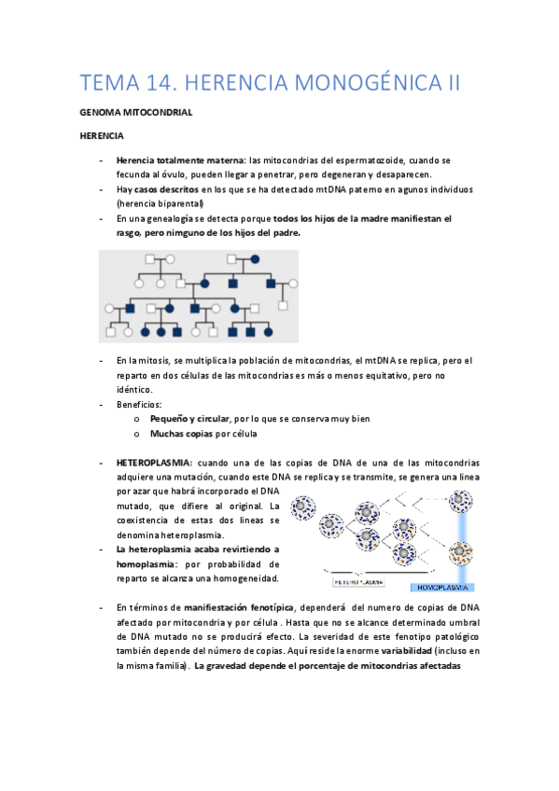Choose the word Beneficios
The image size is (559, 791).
(139, 405)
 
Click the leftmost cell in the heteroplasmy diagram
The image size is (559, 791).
(303, 509)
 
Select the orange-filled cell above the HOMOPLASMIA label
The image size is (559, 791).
(460, 555)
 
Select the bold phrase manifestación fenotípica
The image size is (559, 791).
(236, 607)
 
